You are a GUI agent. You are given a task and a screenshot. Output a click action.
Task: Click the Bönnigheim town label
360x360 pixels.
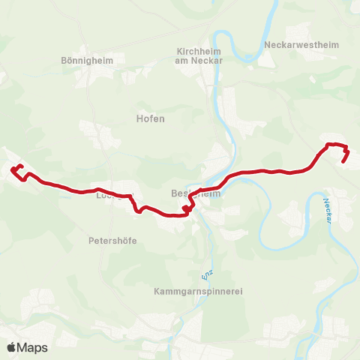85,60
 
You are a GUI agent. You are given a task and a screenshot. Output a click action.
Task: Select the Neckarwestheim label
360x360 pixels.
301,45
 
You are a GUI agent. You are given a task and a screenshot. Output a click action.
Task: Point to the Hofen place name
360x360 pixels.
150,118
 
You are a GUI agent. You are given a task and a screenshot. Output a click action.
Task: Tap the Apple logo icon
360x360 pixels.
12,347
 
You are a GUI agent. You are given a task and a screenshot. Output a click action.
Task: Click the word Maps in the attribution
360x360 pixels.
34,347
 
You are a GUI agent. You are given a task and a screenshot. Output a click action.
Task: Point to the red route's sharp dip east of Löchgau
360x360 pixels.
138,211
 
